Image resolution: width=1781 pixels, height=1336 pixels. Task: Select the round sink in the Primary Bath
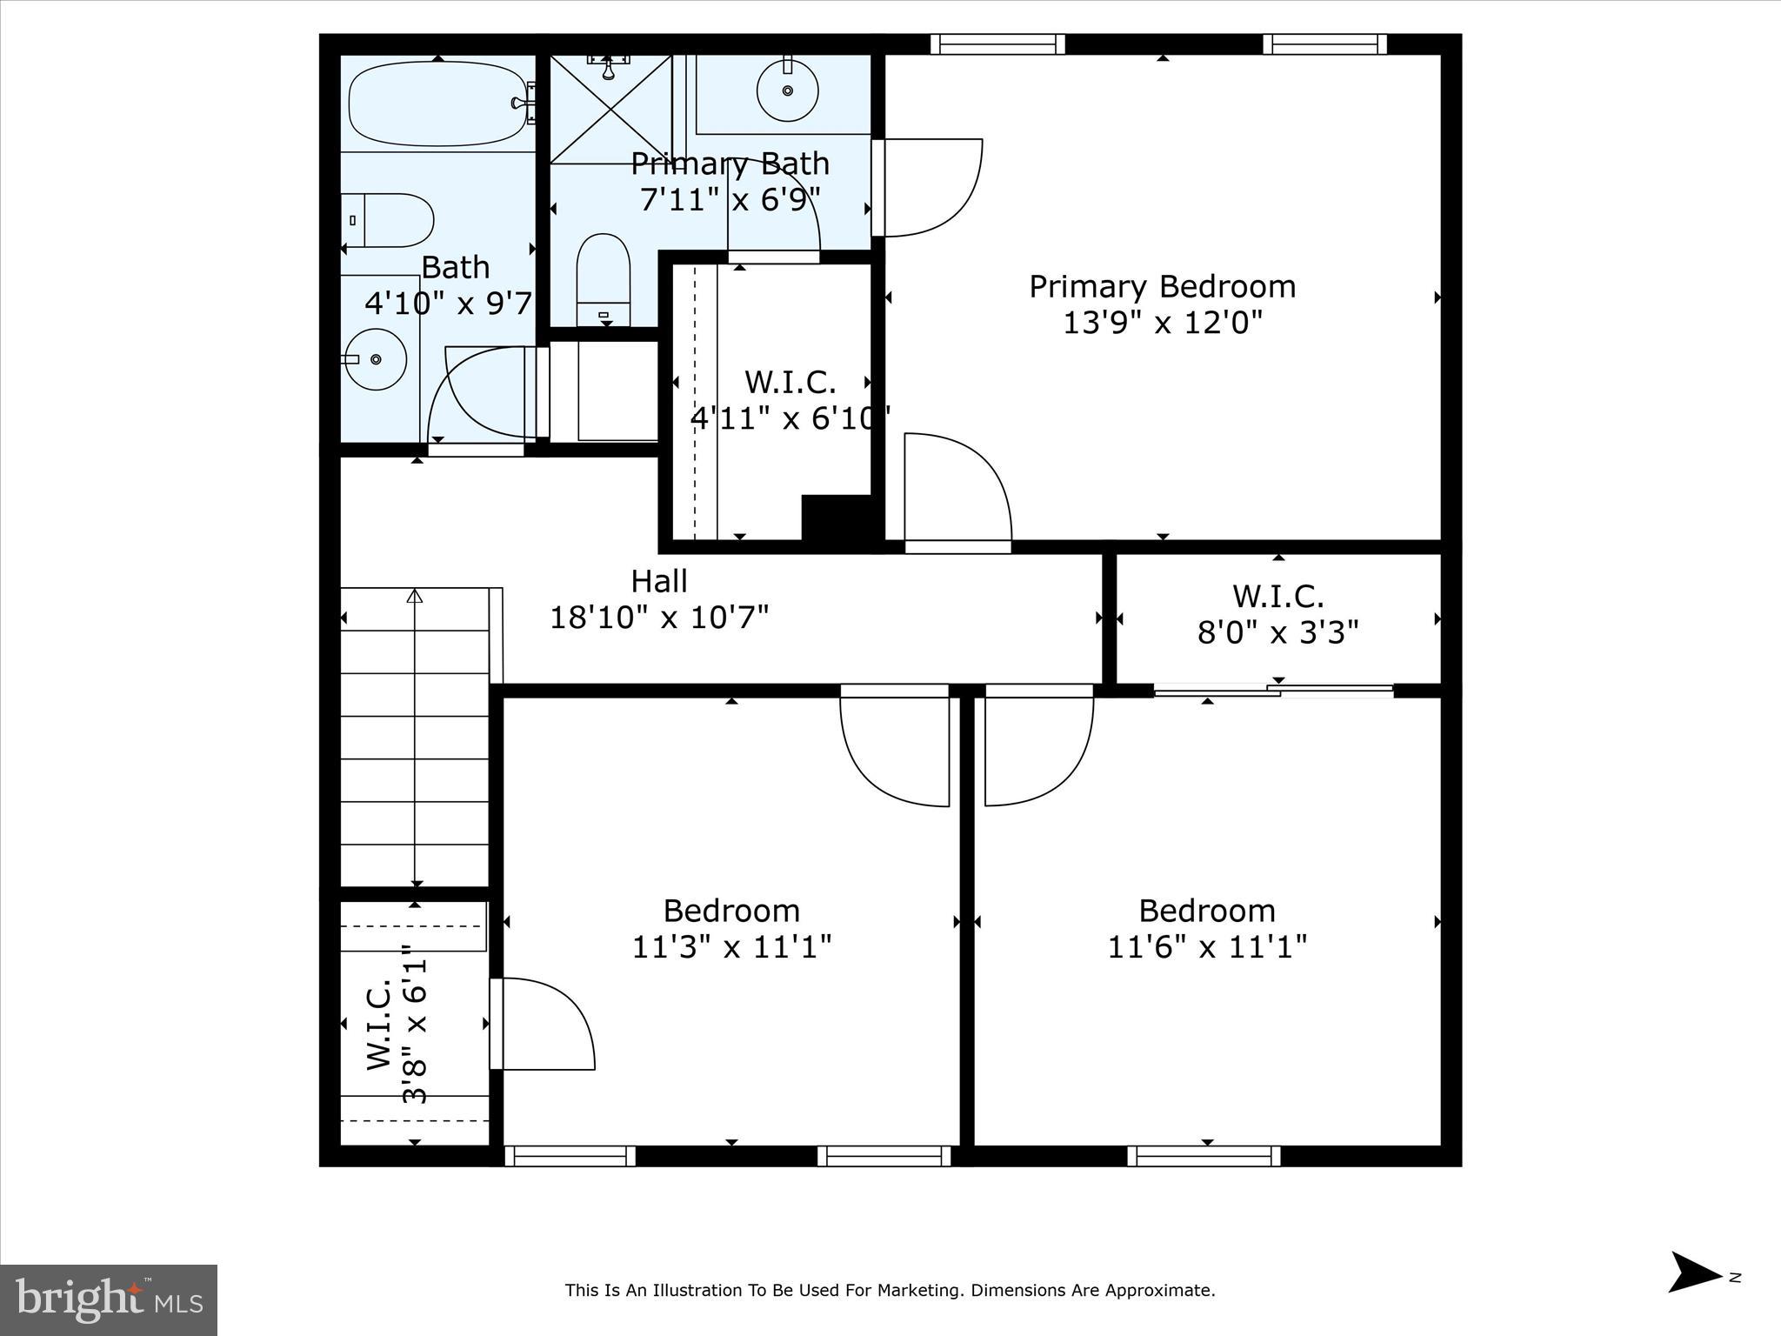(787, 90)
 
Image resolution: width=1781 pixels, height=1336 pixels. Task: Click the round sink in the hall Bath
(375, 359)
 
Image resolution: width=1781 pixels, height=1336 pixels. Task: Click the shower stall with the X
(610, 109)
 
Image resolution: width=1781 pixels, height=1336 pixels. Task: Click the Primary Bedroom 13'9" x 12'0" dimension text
(1162, 323)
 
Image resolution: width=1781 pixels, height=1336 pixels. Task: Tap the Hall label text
(658, 581)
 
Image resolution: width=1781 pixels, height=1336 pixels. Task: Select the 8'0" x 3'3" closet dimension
(1277, 632)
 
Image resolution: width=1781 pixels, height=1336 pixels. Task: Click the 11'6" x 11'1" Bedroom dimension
(1206, 946)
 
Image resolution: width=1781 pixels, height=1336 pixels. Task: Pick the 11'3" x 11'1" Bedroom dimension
(731, 946)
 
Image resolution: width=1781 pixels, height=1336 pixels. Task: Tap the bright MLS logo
(109, 1300)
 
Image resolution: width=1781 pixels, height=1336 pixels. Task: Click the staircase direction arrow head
(415, 597)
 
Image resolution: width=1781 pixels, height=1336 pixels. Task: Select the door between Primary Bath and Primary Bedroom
(926, 187)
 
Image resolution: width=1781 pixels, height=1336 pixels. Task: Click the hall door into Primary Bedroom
(957, 491)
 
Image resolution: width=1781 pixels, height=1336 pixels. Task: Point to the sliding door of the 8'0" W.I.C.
(1273, 691)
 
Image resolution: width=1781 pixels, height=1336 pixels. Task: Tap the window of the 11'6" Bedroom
(1204, 1156)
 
